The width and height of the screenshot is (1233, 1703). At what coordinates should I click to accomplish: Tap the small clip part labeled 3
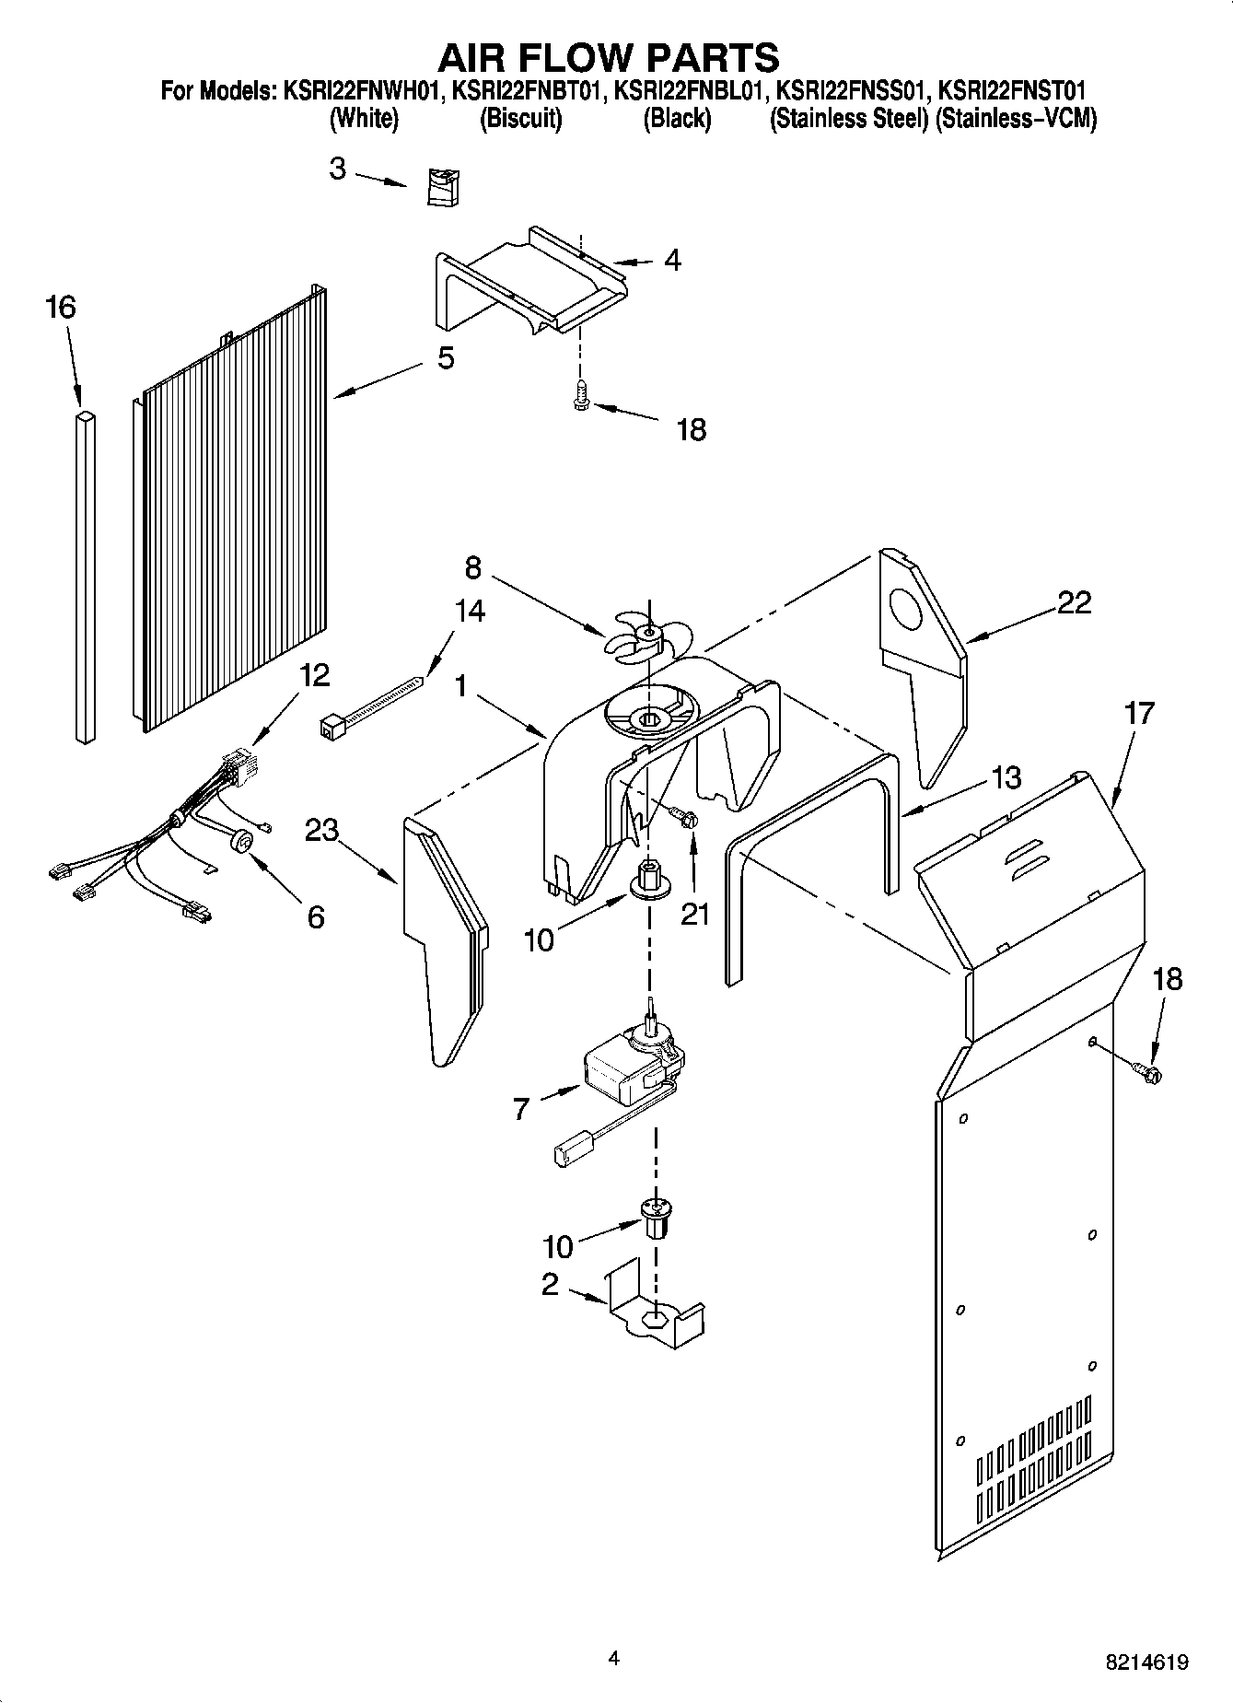444,188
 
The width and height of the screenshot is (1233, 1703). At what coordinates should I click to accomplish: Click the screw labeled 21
683,817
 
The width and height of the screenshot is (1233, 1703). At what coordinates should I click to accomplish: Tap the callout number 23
322,831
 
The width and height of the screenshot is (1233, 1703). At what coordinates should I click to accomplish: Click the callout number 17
1138,714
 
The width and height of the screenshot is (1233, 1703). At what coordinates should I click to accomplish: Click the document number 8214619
1146,1662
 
